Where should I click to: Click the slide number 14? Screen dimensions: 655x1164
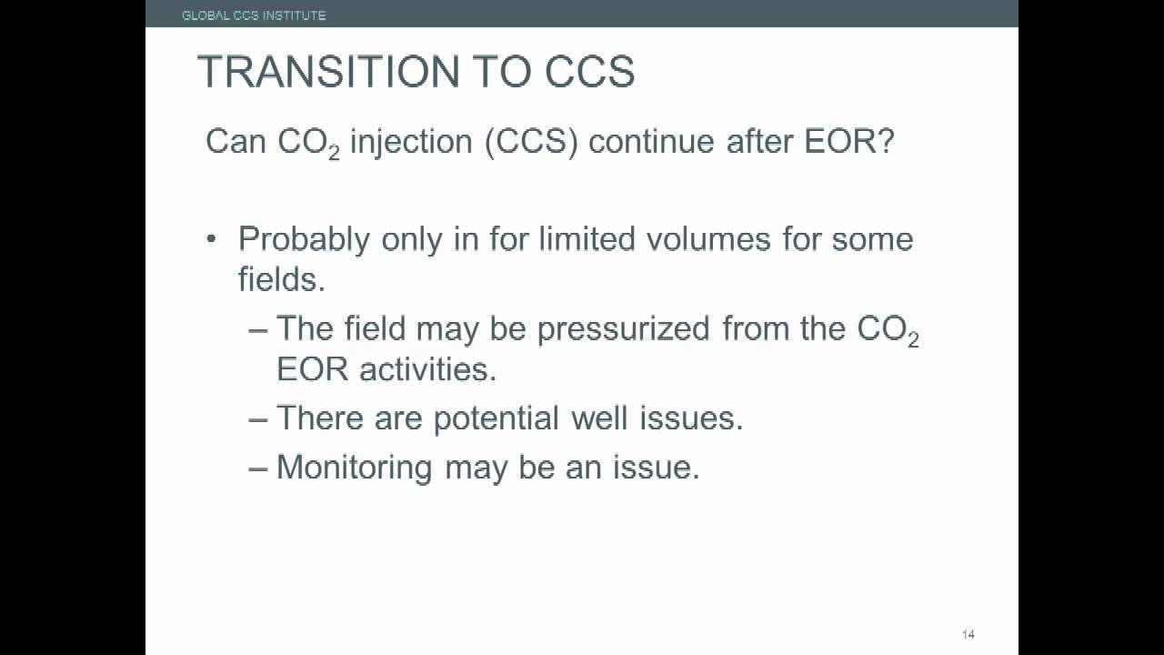click(x=968, y=634)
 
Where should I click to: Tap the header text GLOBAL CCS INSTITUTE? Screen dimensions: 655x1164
click(x=254, y=15)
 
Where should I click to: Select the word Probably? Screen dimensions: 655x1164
click(x=304, y=240)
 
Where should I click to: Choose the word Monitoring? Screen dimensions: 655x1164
click(x=355, y=468)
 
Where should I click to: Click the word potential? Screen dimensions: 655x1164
click(x=497, y=418)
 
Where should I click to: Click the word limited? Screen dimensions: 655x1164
click(x=587, y=239)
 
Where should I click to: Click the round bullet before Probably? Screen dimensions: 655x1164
click(x=212, y=240)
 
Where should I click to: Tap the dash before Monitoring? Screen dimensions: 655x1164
click(x=258, y=468)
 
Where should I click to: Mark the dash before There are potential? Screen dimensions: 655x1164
click(x=258, y=418)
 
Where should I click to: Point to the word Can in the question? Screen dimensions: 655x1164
click(x=236, y=142)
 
